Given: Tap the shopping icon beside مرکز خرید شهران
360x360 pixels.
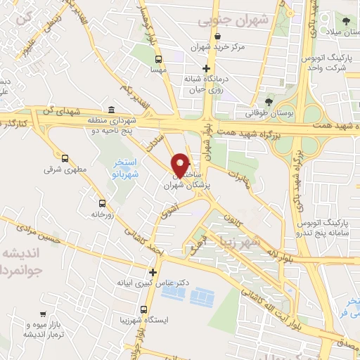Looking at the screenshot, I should [x=218, y=37].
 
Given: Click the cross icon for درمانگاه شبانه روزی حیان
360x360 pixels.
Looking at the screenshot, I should [x=205, y=69].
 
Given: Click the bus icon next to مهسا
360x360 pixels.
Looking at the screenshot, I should [x=158, y=60].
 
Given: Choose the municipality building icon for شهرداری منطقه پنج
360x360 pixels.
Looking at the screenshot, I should [x=112, y=109].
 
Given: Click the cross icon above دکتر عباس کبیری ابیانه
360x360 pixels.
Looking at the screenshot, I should [x=153, y=272].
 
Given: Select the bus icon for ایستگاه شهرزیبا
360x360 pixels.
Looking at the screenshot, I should [x=143, y=309].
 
